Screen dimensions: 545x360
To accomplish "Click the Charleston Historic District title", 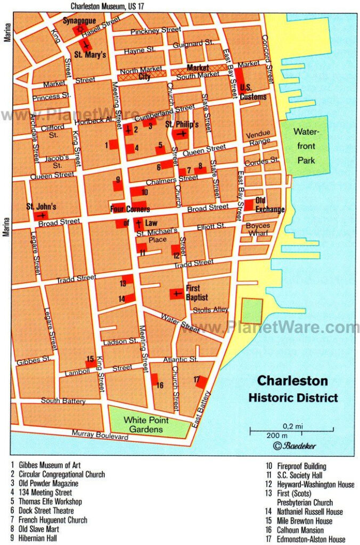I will (293, 389).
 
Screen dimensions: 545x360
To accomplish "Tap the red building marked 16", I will (154, 380).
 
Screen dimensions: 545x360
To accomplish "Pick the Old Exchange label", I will (269, 205).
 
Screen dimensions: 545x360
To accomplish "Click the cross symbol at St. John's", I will (41, 216).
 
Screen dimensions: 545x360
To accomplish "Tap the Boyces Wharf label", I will (258, 230).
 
